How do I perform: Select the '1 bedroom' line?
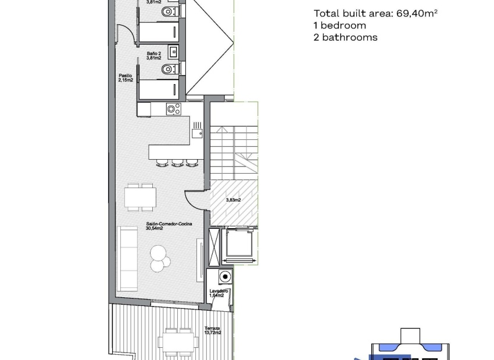coord(339,26)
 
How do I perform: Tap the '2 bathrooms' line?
coord(345,37)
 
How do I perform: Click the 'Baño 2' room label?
coord(153,54)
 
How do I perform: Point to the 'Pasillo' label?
coord(126,75)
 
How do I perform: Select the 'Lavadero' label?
coord(219,291)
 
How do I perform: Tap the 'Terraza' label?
coord(212,329)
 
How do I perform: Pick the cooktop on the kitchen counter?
coord(173,108)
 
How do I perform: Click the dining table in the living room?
coord(140,197)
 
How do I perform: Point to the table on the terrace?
coord(178,341)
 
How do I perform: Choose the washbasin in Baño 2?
coord(173,52)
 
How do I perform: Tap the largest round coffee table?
coord(158,253)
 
